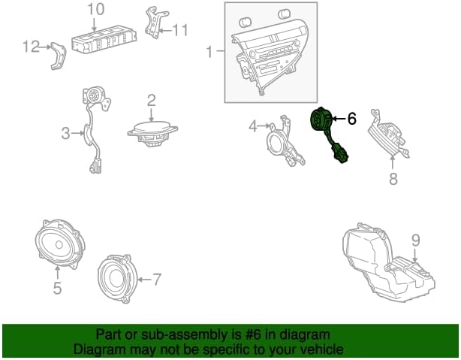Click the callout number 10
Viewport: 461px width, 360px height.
96,9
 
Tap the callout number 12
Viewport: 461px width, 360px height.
32,47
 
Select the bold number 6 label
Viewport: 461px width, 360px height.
351,119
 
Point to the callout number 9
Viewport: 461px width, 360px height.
415,241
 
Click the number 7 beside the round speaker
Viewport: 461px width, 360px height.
157,279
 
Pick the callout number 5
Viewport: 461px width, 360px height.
57,288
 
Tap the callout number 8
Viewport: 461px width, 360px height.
393,179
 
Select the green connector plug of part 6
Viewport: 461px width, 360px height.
340,153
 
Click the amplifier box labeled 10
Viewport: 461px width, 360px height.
104,39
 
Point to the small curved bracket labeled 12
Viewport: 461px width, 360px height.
59,56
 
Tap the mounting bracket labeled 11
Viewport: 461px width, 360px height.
155,23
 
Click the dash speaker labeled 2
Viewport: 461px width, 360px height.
152,135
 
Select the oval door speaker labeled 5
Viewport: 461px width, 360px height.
59,244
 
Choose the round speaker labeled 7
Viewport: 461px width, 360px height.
118,279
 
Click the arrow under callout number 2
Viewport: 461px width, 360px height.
151,115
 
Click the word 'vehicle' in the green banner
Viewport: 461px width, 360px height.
325,349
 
